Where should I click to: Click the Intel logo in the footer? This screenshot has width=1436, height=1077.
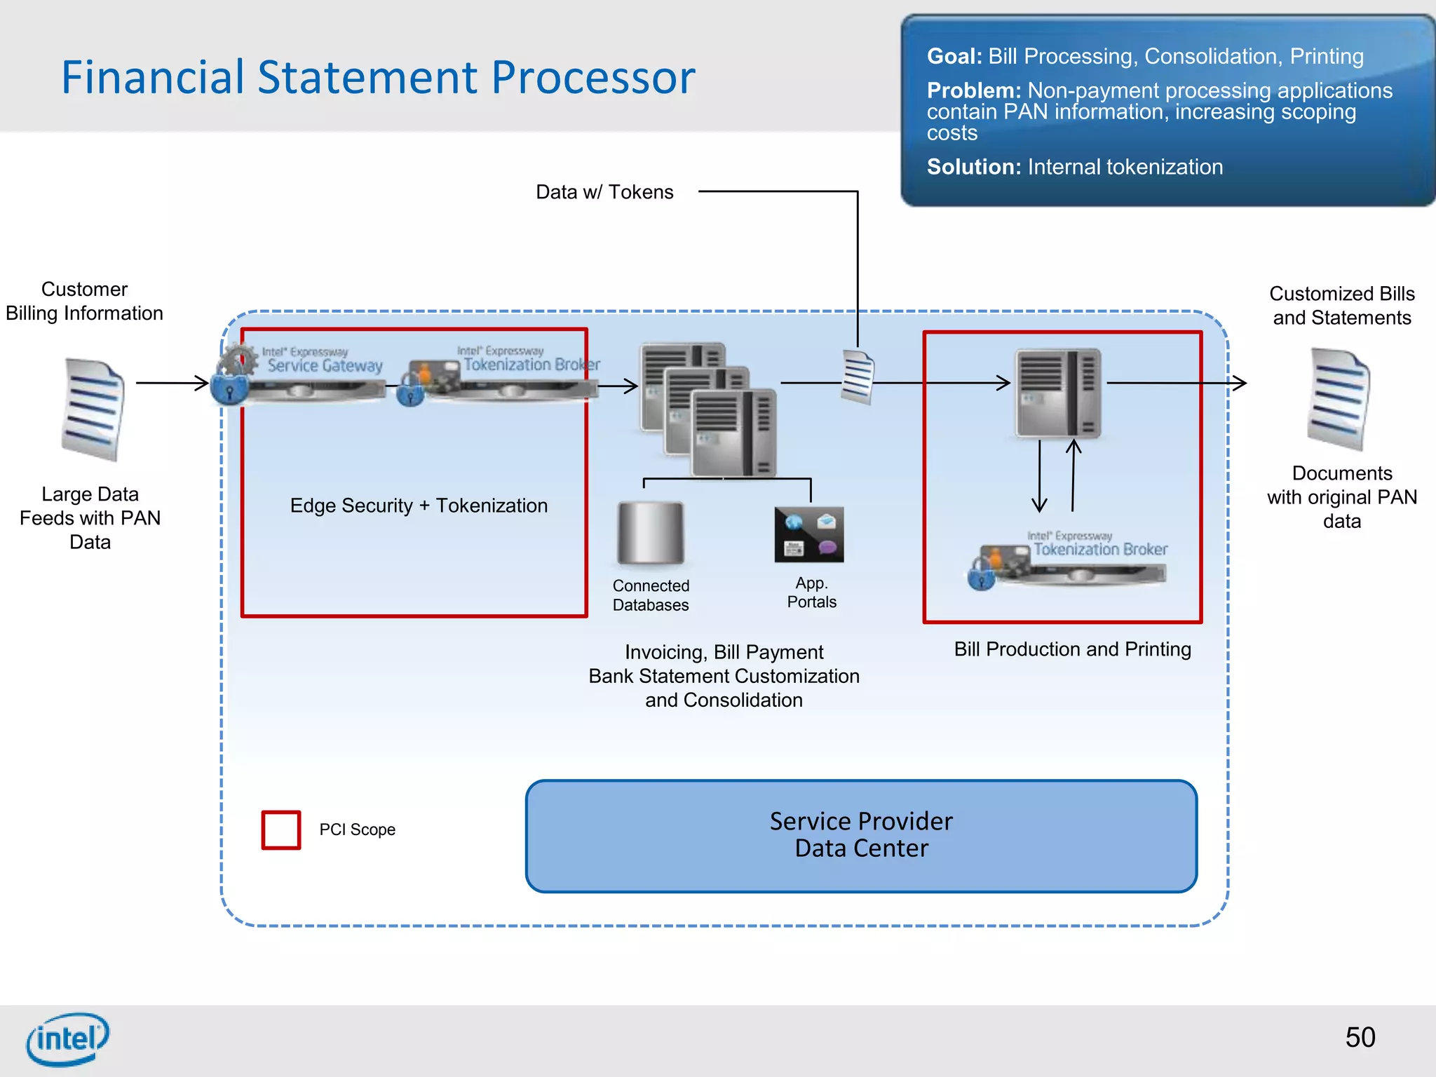[x=68, y=1038]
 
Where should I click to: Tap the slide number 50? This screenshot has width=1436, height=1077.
[x=1360, y=1037]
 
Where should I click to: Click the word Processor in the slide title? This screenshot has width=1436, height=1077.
[x=592, y=77]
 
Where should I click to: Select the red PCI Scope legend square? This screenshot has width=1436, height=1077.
[x=281, y=830]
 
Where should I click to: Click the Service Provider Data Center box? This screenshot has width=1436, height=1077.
[x=861, y=836]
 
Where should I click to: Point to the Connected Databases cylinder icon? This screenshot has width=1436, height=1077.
[x=650, y=533]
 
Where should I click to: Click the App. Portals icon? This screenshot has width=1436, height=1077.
[x=809, y=535]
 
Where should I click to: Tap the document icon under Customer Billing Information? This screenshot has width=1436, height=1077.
[x=93, y=409]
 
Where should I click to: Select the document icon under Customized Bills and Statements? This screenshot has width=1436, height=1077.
[x=1338, y=399]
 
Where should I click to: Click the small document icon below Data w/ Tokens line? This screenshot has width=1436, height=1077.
[x=858, y=377]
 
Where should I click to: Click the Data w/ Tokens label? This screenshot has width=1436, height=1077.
[x=604, y=192]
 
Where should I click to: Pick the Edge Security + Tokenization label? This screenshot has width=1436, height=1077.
[x=419, y=506]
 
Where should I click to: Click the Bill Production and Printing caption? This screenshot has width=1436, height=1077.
[x=1072, y=649]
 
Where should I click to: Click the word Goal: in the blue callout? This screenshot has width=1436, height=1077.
[x=954, y=56]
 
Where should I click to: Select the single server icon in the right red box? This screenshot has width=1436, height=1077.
[x=1058, y=393]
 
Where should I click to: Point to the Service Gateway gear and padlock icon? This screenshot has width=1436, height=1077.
[x=234, y=374]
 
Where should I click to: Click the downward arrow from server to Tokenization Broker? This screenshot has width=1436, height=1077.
[x=1039, y=476]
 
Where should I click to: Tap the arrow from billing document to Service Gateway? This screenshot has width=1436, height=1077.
[x=172, y=383]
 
